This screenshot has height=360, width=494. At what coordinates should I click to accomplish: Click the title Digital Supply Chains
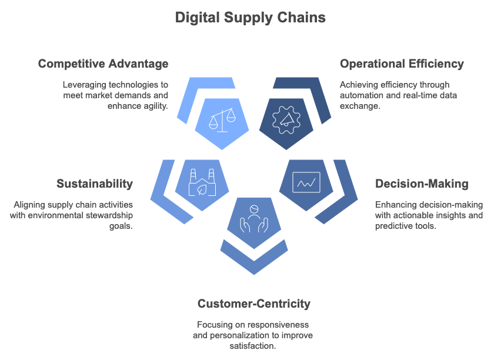pos(250,18)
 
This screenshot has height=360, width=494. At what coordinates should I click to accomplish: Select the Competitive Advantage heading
pos(104,64)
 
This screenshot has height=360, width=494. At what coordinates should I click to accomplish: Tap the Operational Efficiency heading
pos(402,64)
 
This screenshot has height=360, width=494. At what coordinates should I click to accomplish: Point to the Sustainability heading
pos(95,184)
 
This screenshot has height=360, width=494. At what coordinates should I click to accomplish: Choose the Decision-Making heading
pos(422,184)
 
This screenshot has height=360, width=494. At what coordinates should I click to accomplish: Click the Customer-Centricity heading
pos(254,304)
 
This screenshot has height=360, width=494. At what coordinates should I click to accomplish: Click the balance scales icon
pos(222,120)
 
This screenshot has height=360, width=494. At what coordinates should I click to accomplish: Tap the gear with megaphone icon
pos(286,120)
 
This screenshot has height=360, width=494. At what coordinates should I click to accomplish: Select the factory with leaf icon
pos(202,182)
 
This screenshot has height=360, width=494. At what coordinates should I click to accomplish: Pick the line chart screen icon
pos(306,182)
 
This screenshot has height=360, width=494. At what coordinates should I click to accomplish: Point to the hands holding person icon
pos(254,219)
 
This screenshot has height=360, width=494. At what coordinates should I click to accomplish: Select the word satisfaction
pos(253,346)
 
